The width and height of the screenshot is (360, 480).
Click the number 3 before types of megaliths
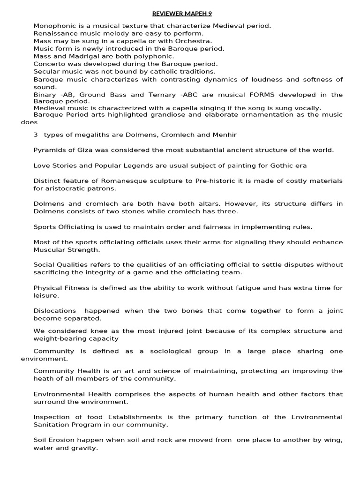36,135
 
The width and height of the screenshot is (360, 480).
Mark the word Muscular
49,250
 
